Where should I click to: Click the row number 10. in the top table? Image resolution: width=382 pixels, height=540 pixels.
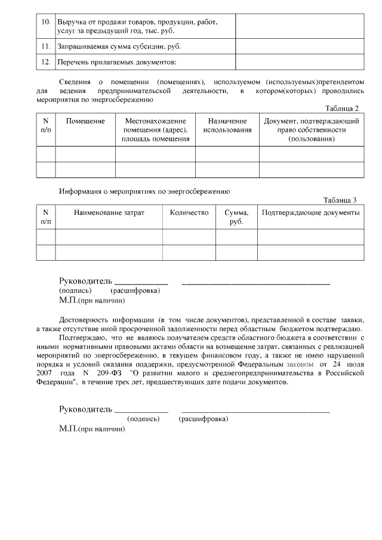[45, 22]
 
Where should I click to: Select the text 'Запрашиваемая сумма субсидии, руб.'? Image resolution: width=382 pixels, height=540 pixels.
[119, 46]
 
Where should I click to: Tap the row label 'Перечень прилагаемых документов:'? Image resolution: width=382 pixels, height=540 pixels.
[118, 62]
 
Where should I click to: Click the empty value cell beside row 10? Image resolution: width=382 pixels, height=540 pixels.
[300, 26]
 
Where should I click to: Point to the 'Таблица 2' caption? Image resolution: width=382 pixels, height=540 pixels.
[341, 109]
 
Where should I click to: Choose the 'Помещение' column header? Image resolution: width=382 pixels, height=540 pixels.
[85, 121]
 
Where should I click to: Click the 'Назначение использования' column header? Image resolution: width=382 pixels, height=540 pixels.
[227, 125]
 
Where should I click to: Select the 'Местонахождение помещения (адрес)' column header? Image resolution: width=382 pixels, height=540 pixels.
[155, 129]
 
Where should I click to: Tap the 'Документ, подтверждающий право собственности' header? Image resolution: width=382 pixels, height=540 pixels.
[311, 129]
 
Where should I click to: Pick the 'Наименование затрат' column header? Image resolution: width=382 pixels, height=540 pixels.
[109, 212]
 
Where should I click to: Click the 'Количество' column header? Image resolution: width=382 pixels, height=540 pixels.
[189, 212]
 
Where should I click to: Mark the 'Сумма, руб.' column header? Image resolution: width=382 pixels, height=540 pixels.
[236, 217]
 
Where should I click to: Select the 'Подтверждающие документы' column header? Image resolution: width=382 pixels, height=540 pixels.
[310, 212]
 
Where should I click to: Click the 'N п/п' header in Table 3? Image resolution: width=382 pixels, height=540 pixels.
[46, 217]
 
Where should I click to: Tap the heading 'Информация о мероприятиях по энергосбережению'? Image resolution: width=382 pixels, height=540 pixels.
[144, 192]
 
